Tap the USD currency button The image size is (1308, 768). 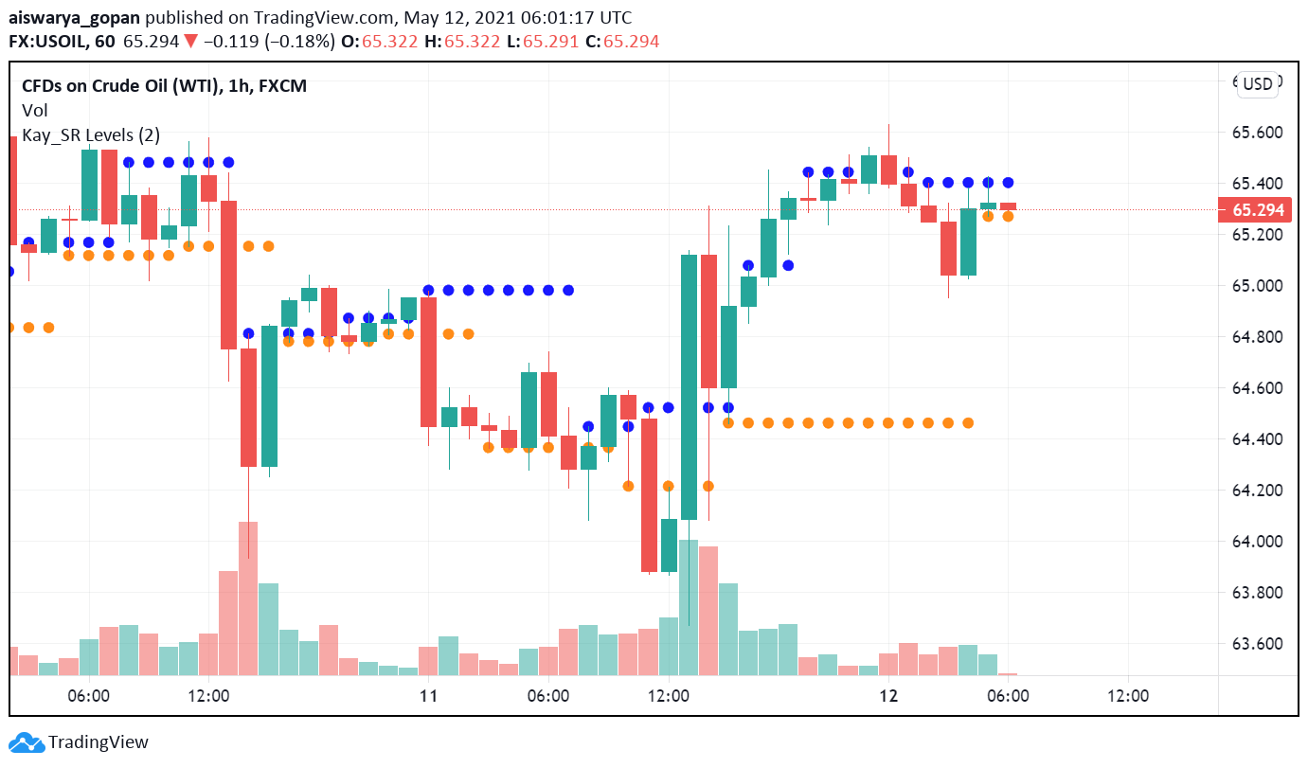point(1258,84)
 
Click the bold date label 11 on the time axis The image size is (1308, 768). point(428,696)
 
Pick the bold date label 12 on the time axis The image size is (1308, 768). point(888,696)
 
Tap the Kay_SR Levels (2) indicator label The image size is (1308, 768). point(91,135)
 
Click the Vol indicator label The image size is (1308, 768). point(35,111)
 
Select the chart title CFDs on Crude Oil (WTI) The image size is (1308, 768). point(121,86)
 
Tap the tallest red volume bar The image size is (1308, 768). point(248,598)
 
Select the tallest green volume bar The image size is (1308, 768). point(689,607)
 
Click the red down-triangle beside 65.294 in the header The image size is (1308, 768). point(190,42)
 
